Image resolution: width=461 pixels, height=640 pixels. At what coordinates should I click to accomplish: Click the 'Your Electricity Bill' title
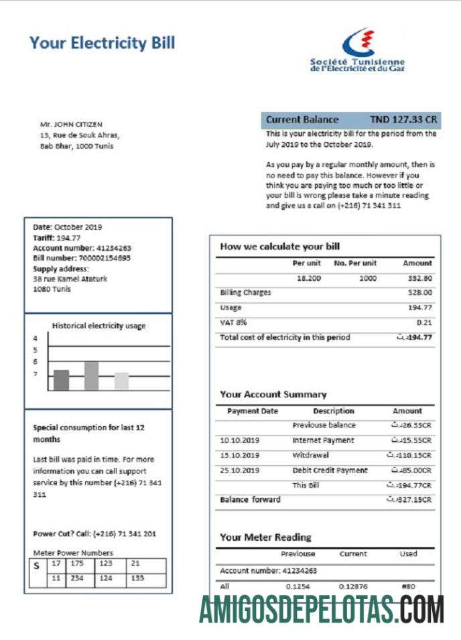(102, 44)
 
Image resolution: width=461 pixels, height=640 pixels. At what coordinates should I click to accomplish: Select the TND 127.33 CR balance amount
(403, 119)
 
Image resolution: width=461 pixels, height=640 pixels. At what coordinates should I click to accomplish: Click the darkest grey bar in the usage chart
(61, 380)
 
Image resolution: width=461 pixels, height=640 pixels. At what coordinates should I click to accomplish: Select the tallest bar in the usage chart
(91, 376)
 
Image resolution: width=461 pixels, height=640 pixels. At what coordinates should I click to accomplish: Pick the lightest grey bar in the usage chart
(121, 381)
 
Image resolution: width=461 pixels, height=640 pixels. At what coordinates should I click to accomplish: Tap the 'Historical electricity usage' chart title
(98, 326)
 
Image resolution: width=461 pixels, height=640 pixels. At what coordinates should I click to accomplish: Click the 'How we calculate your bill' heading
(279, 247)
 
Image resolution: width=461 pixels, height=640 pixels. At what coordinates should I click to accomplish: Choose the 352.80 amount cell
(419, 278)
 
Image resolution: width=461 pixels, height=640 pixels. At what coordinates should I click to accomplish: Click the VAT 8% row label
(233, 322)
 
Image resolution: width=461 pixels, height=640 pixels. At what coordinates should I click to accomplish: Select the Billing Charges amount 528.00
(419, 293)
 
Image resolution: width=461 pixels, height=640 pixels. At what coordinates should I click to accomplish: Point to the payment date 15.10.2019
(239, 456)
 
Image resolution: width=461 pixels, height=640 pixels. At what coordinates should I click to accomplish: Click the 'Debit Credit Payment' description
(330, 470)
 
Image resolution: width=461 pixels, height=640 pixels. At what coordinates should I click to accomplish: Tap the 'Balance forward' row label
(250, 500)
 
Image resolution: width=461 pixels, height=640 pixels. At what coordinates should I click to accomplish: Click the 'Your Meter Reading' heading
(265, 537)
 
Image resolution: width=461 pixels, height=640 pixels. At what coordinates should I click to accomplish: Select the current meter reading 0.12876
(353, 586)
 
